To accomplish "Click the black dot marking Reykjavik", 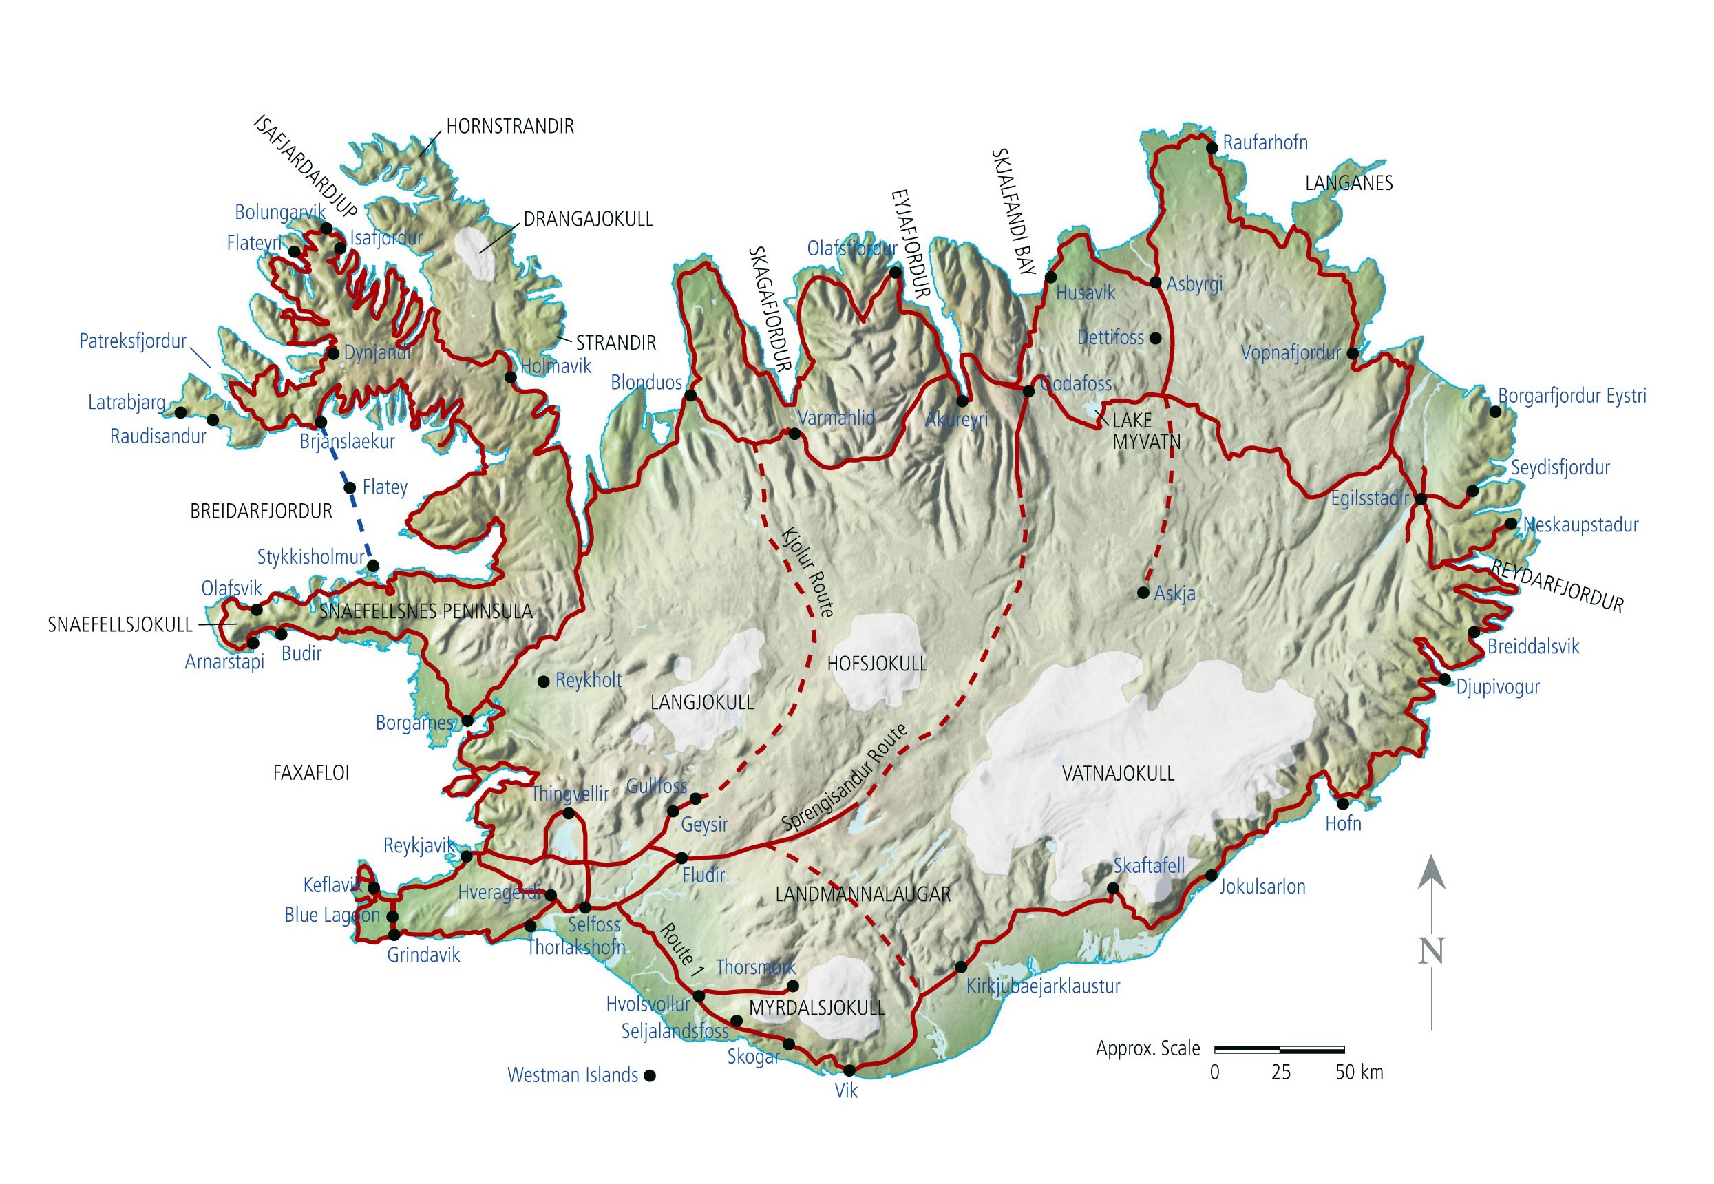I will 467,857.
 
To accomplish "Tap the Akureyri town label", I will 956,419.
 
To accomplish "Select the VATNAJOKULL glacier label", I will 1118,773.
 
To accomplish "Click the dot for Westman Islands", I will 650,1076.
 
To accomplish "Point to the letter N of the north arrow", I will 1430,951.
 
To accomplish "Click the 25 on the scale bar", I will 1280,1072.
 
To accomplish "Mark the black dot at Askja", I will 1143,593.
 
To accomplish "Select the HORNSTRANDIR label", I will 509,126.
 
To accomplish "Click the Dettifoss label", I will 1110,337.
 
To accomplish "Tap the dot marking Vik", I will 849,1070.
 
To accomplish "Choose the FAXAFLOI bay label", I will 310,773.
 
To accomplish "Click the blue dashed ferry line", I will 361,522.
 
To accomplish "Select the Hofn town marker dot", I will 1342,803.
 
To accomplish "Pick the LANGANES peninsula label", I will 1348,183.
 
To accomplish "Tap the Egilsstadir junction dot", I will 1420,499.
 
